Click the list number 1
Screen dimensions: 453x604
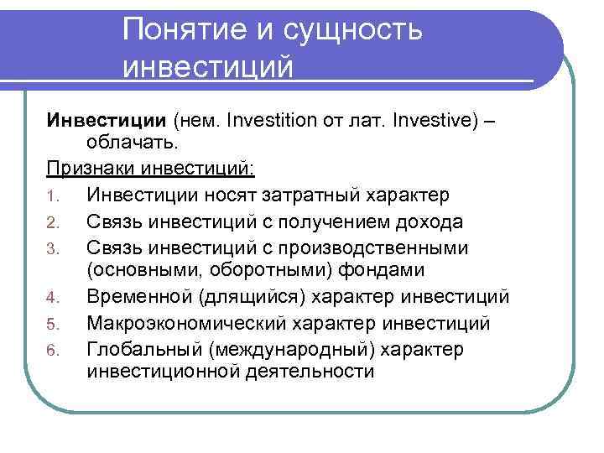click(50, 196)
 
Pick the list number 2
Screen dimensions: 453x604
click(50, 221)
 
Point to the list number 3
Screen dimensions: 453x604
click(50, 247)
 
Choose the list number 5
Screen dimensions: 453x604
click(50, 324)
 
